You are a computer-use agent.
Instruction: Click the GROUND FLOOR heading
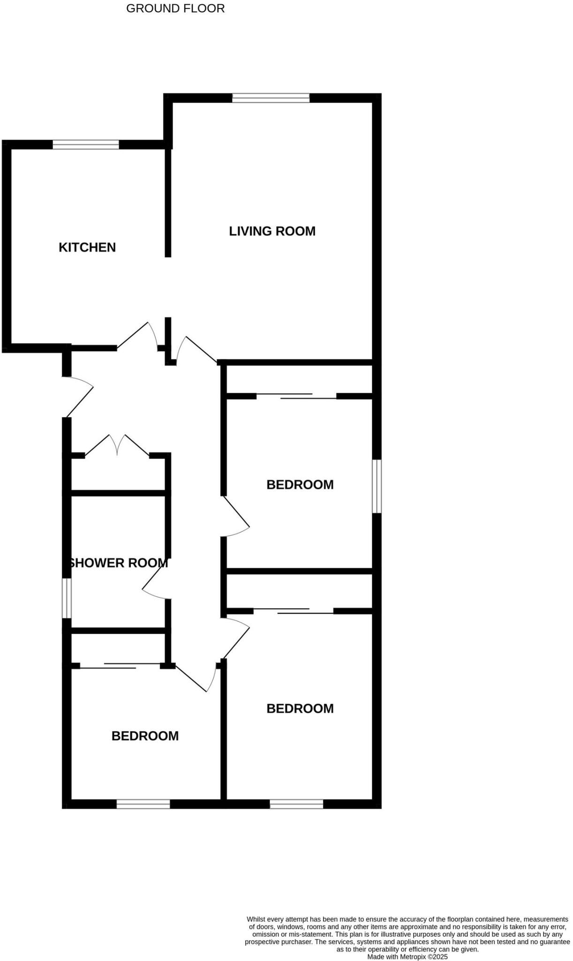(x=175, y=8)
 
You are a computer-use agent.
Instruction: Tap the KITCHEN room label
(x=87, y=247)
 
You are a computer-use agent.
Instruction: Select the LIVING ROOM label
(x=272, y=231)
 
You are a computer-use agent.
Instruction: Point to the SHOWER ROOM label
(x=118, y=563)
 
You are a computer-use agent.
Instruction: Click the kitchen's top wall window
(x=86, y=145)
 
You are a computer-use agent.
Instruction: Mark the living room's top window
(x=271, y=98)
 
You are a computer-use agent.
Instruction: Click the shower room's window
(x=67, y=598)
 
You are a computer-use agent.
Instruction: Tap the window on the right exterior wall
(x=377, y=486)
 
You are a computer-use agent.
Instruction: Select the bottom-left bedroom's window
(x=143, y=804)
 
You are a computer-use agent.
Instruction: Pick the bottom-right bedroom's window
(x=296, y=804)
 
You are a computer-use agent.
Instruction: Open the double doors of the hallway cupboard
(x=117, y=446)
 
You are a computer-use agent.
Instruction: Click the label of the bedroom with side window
(x=300, y=484)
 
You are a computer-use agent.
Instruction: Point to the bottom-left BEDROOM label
(x=145, y=736)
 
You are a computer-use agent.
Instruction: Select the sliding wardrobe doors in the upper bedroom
(x=296, y=396)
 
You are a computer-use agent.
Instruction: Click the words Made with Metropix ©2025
(x=407, y=956)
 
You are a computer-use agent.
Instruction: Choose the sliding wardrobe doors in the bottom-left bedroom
(x=120, y=665)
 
